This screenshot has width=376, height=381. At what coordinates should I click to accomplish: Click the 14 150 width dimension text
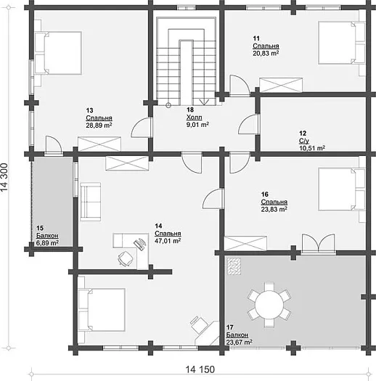(x=200, y=369)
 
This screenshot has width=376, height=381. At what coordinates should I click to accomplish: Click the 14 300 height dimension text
(x=4, y=177)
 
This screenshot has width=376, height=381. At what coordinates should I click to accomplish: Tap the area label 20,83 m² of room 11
(x=266, y=53)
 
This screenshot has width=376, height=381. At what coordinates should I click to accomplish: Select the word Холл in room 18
(x=195, y=118)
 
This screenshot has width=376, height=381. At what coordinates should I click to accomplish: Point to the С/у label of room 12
(x=304, y=141)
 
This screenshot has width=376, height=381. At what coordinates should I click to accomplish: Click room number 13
(x=89, y=110)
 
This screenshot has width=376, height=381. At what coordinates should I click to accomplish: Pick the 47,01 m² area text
(x=168, y=241)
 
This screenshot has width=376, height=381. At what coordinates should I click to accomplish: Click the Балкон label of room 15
(x=47, y=235)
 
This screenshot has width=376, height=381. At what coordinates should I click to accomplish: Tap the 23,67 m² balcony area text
(x=239, y=343)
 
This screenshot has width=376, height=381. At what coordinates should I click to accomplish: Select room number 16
(x=265, y=194)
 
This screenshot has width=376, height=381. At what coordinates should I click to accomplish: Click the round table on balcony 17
(x=269, y=305)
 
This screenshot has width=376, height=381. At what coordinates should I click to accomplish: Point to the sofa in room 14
(x=91, y=202)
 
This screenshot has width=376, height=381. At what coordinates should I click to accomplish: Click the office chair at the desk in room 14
(x=126, y=258)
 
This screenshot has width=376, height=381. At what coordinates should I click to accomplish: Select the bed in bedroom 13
(x=58, y=53)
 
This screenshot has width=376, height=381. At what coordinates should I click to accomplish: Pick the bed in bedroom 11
(x=341, y=43)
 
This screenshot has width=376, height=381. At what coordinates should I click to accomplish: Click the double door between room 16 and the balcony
(x=318, y=243)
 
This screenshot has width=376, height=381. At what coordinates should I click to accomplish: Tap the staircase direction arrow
(x=204, y=102)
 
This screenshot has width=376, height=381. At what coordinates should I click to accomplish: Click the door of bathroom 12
(x=249, y=124)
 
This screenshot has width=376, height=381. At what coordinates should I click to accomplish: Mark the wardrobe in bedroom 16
(x=245, y=243)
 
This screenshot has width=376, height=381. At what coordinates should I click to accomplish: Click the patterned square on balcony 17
(x=234, y=266)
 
